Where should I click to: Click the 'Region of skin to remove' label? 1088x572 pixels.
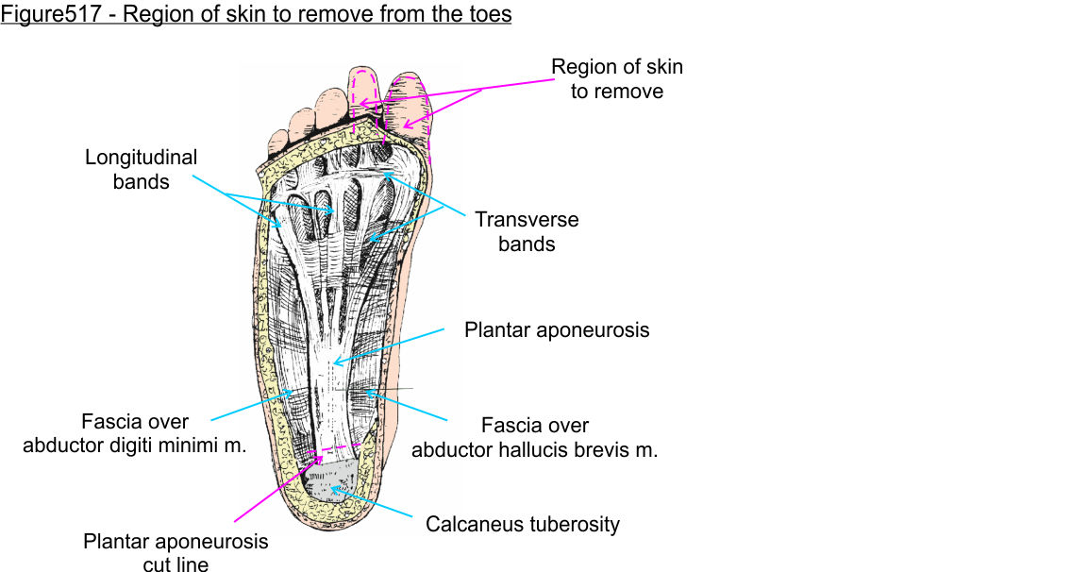pos(616,79)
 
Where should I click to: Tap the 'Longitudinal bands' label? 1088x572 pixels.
pos(142,170)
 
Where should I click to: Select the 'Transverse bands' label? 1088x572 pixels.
pos(527,231)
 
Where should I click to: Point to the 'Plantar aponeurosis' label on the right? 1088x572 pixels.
pos(557,330)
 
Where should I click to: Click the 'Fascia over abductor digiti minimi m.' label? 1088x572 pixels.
pos(135,434)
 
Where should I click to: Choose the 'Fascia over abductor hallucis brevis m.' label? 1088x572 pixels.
pos(534,438)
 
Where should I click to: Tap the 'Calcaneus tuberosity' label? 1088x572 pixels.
pos(523,524)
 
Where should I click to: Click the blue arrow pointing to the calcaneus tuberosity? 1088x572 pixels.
pos(372,503)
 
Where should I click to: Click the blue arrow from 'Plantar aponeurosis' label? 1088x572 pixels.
pos(387,345)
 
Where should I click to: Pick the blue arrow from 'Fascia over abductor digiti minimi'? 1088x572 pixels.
pos(247,404)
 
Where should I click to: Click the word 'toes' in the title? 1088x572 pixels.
pos(488,15)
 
